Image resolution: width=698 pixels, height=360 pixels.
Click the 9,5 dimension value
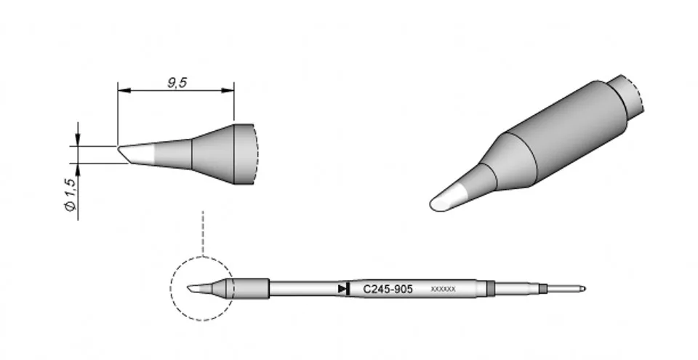tap(177, 83)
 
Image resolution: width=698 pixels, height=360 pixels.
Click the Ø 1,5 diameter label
tap(71, 194)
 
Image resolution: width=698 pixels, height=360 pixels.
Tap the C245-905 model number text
tap(388, 289)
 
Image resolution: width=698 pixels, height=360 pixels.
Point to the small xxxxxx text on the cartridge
tap(443, 289)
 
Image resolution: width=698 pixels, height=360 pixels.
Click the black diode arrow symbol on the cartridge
tap(344, 289)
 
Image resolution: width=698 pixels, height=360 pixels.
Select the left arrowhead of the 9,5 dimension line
tap(124, 90)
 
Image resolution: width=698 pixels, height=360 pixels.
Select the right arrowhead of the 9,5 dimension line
tap(228, 90)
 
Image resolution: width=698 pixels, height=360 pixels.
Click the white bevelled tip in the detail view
tap(136, 153)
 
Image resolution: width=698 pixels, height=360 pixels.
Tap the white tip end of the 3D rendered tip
tap(447, 199)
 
